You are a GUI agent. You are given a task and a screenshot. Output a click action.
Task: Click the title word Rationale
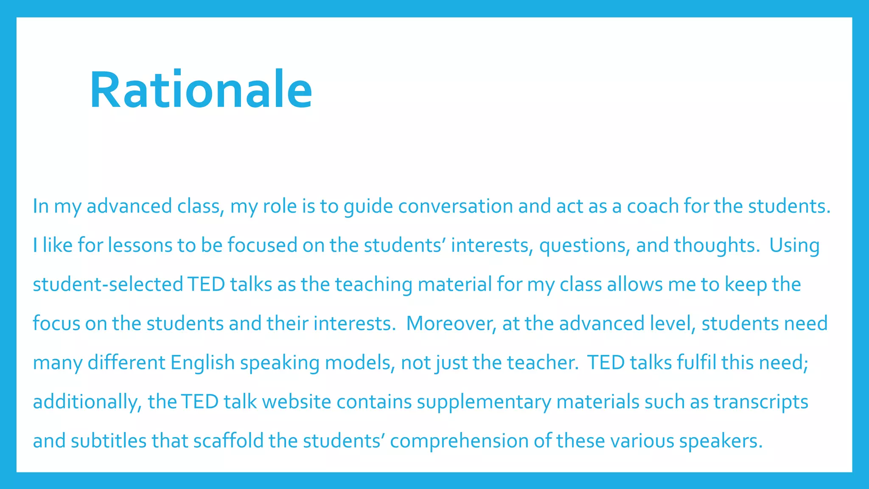(x=201, y=90)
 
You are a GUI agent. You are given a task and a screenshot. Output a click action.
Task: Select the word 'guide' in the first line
(x=368, y=207)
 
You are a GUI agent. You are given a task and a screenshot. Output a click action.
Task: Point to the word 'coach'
(x=653, y=206)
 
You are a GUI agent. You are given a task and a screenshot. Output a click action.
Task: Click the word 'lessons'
(x=140, y=245)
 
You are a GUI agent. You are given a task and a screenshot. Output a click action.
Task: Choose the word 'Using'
(x=794, y=246)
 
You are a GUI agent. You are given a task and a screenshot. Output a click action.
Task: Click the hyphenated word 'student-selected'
(x=108, y=284)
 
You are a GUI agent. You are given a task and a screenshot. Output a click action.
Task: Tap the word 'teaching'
(x=373, y=285)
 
